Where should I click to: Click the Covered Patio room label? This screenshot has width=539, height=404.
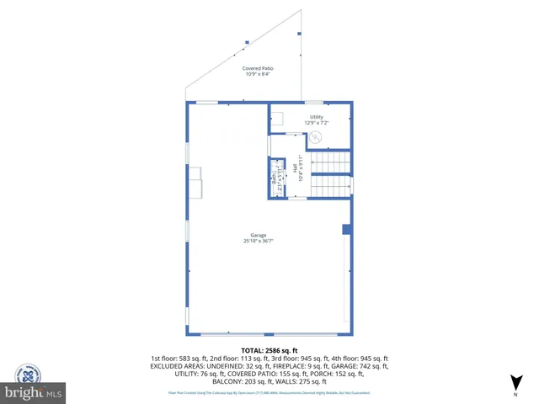pyautogui.click(x=258, y=68)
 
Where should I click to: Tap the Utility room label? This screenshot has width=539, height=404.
pyautogui.click(x=317, y=117)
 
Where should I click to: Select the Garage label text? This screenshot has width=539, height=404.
pyautogui.click(x=259, y=235)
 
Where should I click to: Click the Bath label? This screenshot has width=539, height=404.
pyautogui.click(x=274, y=178)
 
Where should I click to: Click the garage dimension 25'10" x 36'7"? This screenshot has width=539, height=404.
pyautogui.click(x=259, y=242)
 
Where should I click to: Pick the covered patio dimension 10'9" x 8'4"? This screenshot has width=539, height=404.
pyautogui.click(x=258, y=75)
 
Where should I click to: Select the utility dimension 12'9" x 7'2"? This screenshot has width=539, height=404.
pyautogui.click(x=317, y=123)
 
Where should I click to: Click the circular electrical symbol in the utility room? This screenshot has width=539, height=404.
pyautogui.click(x=318, y=141)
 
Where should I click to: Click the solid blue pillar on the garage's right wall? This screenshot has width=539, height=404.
pyautogui.click(x=346, y=229)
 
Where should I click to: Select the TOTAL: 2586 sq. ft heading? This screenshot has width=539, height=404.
pyautogui.click(x=269, y=350)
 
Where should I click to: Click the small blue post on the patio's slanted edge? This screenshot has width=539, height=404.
pyautogui.click(x=247, y=41)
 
